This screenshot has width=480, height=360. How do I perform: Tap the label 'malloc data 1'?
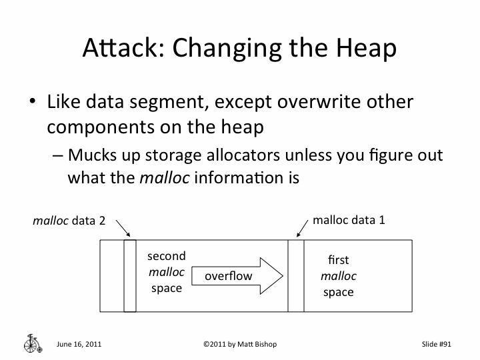[349, 219]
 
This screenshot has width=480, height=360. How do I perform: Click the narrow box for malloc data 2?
[129, 275]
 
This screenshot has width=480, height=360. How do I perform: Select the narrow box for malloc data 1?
[295, 275]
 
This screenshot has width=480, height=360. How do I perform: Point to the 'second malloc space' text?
[167, 272]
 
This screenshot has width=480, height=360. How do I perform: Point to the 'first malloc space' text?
[339, 275]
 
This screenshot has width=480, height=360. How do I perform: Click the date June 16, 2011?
[79, 344]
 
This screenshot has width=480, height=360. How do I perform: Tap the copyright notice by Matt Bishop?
[239, 344]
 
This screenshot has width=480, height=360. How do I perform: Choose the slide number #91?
[437, 344]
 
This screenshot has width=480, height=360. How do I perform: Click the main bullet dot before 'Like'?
[32, 104]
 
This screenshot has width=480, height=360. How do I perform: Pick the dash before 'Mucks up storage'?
[57, 155]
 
